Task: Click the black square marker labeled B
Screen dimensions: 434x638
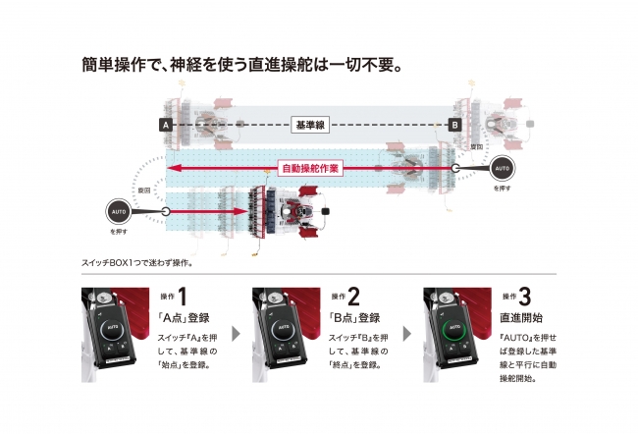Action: coord(454,126)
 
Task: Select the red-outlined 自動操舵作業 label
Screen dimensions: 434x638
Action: coord(309,168)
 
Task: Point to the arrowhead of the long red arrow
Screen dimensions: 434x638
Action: coord(171,168)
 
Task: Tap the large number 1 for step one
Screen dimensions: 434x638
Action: coord(183,296)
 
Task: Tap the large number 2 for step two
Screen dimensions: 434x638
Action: coord(354,296)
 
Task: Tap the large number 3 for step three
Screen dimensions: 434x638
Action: coord(525,296)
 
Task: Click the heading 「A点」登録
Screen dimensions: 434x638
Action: coord(185,317)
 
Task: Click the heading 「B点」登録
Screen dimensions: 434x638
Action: coord(355,317)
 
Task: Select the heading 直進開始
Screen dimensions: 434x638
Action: coord(521,317)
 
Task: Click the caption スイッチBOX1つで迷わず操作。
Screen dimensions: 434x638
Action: coord(130,262)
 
